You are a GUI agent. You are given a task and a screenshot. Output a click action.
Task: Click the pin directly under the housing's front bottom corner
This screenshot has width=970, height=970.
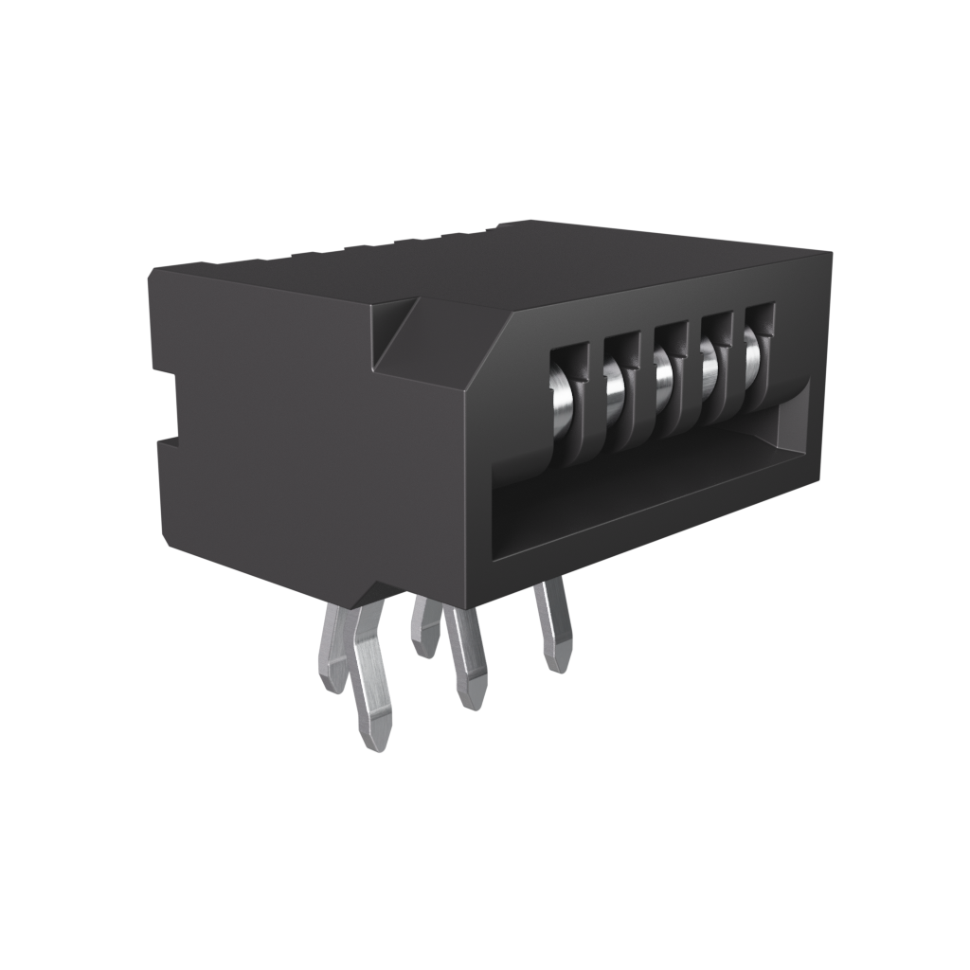[x=468, y=663]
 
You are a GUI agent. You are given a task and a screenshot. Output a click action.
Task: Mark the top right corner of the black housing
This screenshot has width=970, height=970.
[x=829, y=254]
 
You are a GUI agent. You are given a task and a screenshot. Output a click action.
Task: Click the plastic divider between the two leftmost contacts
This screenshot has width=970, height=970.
[x=589, y=398]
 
